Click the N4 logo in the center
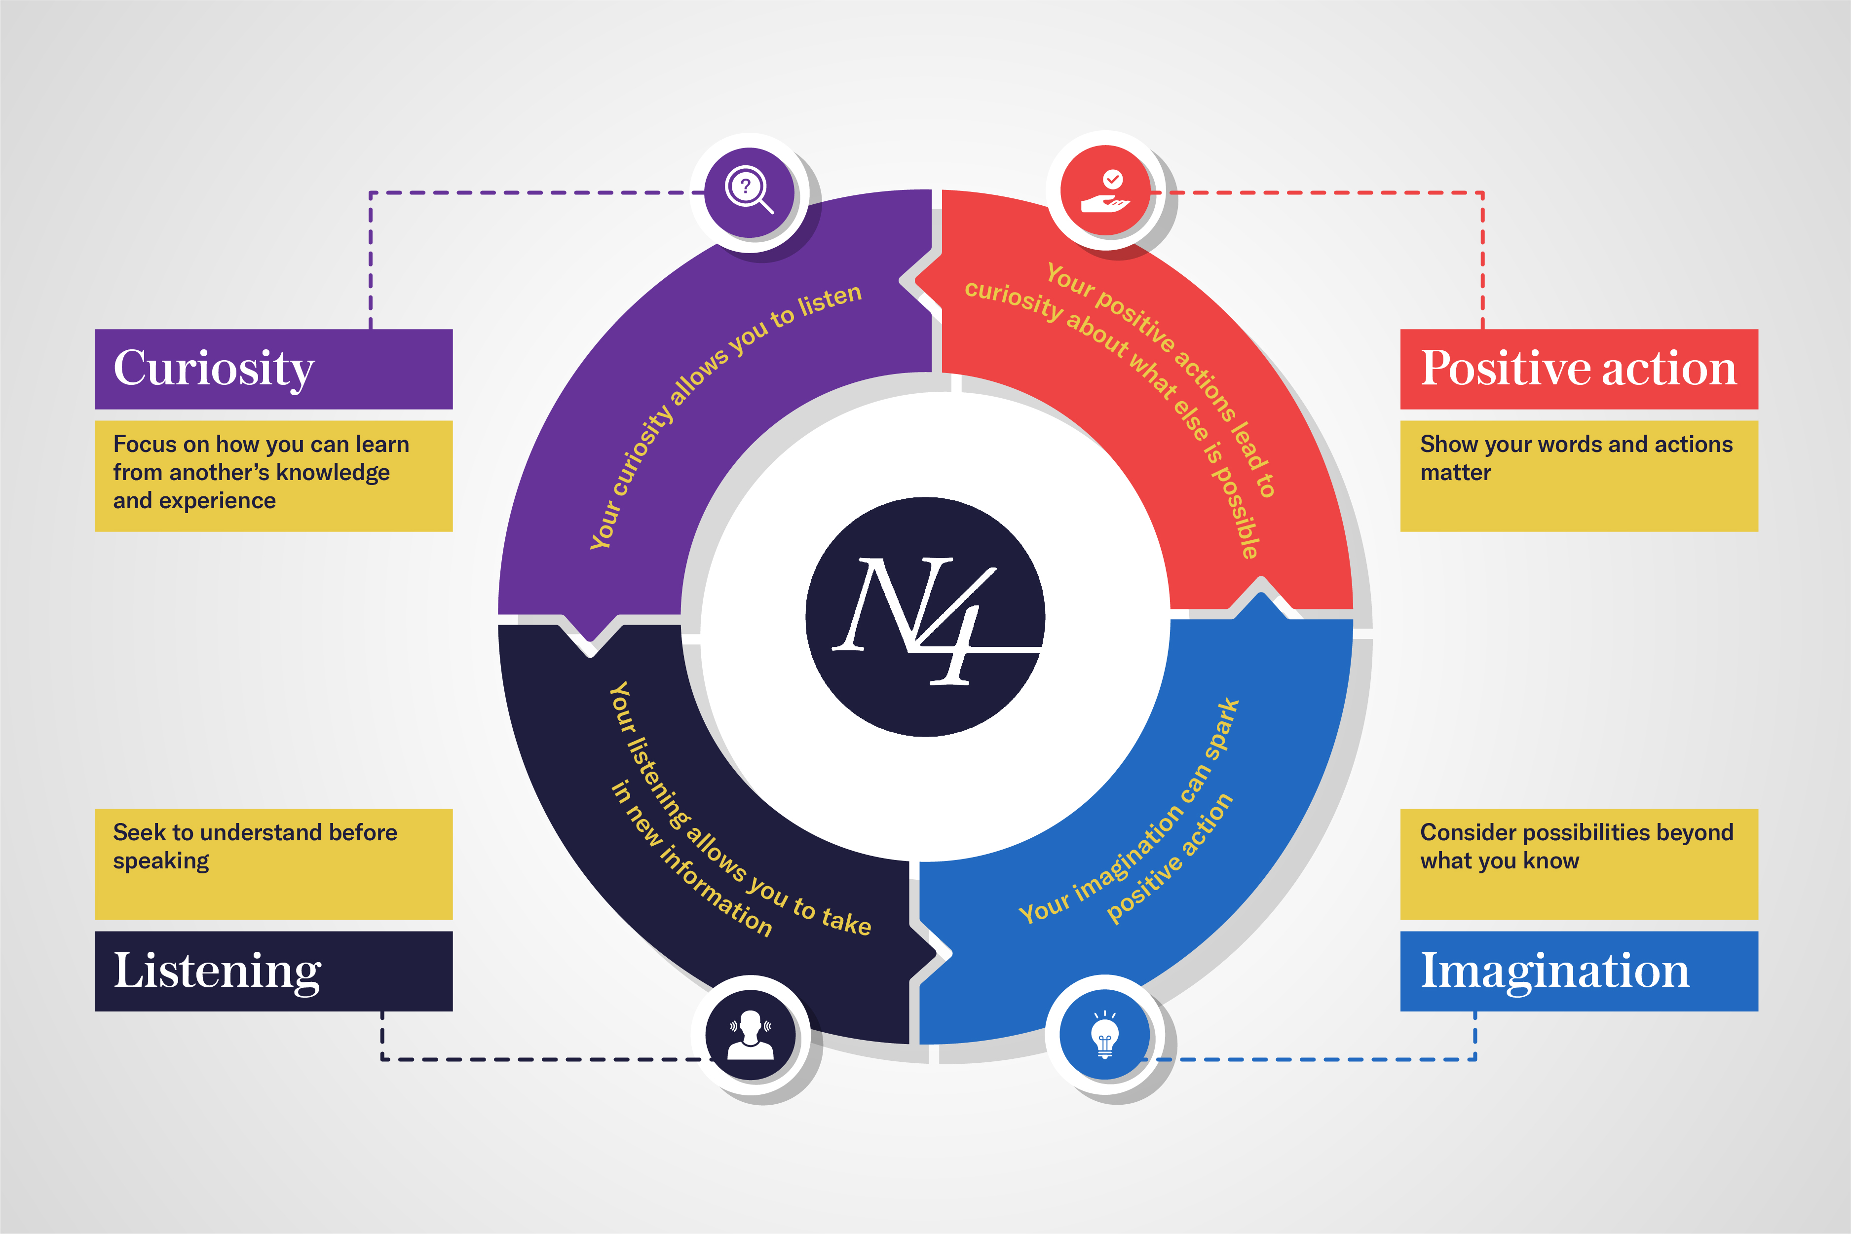point(925,617)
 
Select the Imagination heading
point(1554,971)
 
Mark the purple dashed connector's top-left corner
point(371,192)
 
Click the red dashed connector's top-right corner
point(1483,192)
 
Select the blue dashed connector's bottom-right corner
point(1475,1059)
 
